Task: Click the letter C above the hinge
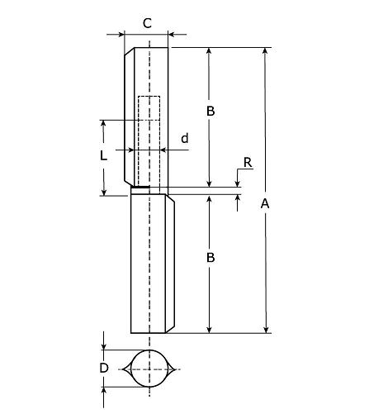(147, 23)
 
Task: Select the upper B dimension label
(211, 111)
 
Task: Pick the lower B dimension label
(211, 258)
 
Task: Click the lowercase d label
(184, 138)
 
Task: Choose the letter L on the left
(102, 155)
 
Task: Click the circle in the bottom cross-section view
(149, 369)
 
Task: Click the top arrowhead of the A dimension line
(266, 52)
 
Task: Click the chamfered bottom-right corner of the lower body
(171, 328)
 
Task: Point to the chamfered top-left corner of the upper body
(129, 51)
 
